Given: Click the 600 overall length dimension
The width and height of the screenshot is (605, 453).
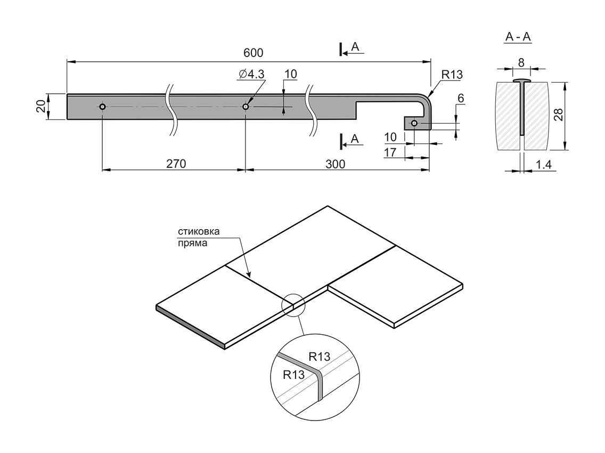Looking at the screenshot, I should (254, 53).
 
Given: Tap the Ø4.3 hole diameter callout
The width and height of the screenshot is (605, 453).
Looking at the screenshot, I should (251, 75).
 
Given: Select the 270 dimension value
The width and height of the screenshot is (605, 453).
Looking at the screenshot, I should (175, 164).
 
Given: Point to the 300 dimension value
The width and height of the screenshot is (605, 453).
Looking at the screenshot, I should (335, 164).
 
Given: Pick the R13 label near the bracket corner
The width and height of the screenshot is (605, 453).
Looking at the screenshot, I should (452, 75).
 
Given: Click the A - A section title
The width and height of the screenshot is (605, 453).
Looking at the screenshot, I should (518, 37).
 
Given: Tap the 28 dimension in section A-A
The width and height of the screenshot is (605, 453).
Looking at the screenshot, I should (558, 114).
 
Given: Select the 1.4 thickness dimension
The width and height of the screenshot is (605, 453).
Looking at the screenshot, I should (543, 165).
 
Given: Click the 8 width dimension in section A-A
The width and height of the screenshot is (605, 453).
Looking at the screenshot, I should (521, 62).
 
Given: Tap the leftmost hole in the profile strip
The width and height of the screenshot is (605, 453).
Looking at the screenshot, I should (103, 107).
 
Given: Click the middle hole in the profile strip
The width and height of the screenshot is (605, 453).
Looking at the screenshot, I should (246, 107).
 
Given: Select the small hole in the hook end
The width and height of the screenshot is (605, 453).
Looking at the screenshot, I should (414, 124).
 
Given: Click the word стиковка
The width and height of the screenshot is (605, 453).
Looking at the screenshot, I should (198, 231).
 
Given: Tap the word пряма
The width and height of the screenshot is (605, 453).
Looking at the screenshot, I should (192, 242).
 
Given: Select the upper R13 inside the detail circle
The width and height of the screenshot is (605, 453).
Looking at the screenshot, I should (320, 357).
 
